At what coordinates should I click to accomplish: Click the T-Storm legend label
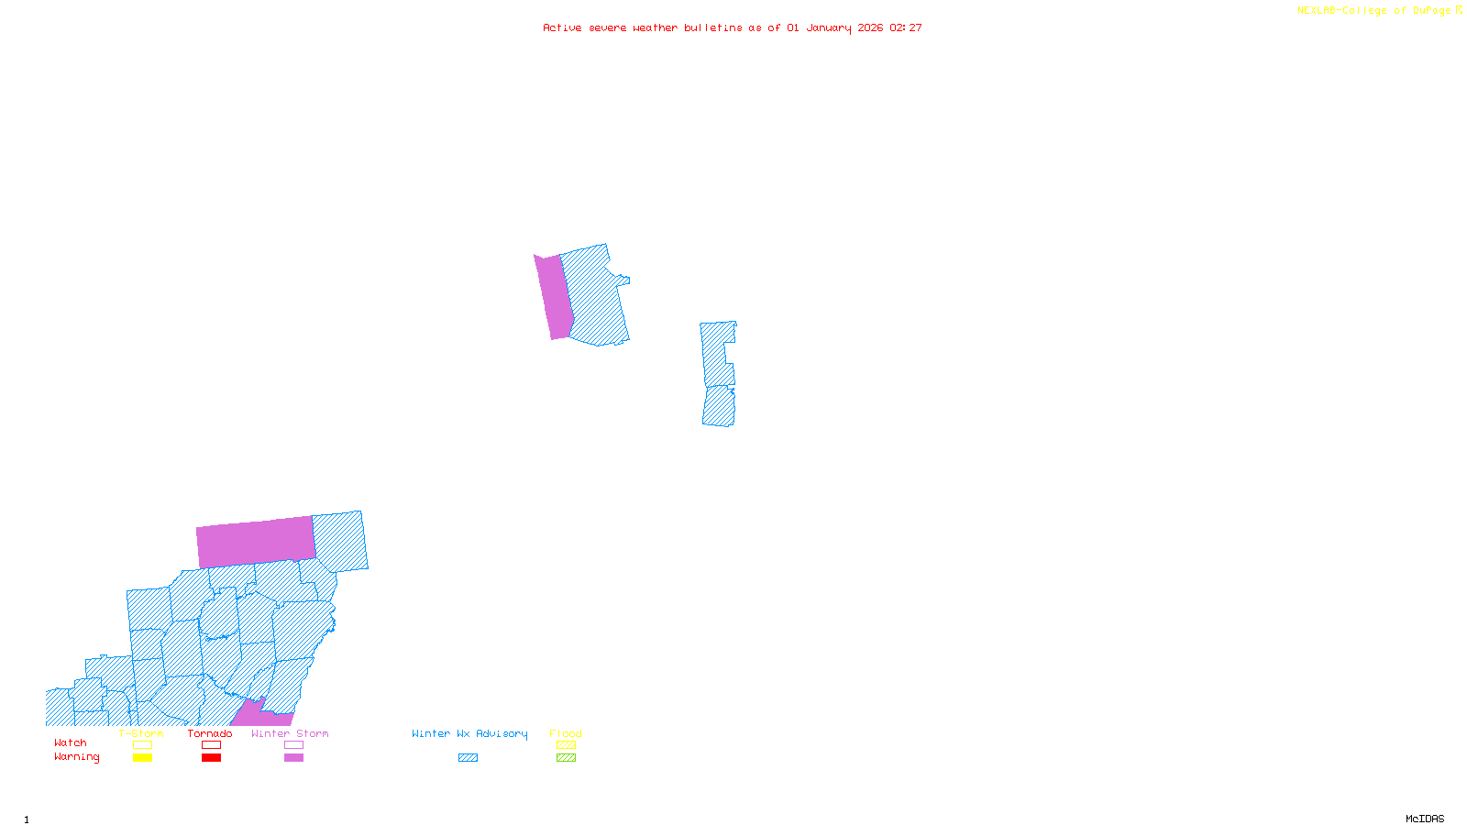pyautogui.click(x=141, y=733)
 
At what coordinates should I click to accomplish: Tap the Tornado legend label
pyautogui.click(x=210, y=733)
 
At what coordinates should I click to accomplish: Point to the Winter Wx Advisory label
pyautogui.click(x=469, y=733)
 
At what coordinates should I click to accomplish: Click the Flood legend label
pyautogui.click(x=566, y=733)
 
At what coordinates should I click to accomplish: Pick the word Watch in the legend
pyautogui.click(x=71, y=742)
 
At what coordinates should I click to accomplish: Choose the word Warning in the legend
pyautogui.click(x=77, y=757)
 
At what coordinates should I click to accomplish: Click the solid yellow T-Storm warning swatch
pyautogui.click(x=142, y=758)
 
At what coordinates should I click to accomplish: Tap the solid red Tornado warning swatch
pyautogui.click(x=211, y=758)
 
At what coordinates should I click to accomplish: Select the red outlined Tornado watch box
pyautogui.click(x=211, y=745)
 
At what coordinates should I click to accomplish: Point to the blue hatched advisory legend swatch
pyautogui.click(x=468, y=758)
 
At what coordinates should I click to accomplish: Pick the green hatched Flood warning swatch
pyautogui.click(x=567, y=758)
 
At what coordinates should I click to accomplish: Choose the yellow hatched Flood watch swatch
pyautogui.click(x=567, y=745)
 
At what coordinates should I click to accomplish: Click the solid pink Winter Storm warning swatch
pyautogui.click(x=293, y=758)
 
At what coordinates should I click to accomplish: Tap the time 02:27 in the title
pyautogui.click(x=906, y=27)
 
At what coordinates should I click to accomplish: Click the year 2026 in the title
pyautogui.click(x=870, y=27)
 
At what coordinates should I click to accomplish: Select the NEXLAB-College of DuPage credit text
pyautogui.click(x=1374, y=11)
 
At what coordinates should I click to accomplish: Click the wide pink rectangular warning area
pyautogui.click(x=256, y=542)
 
